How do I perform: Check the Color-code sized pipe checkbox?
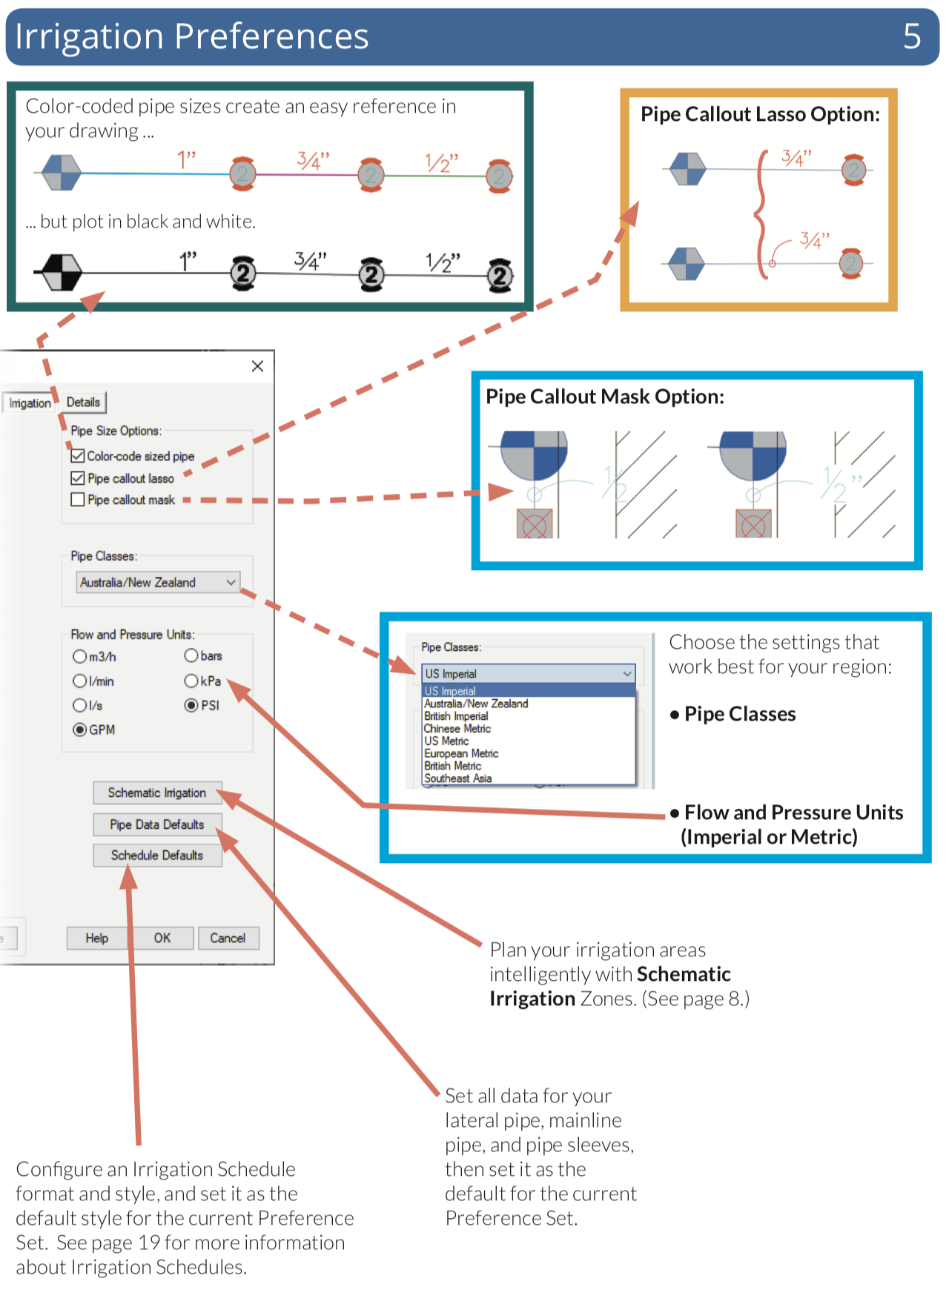pos(78,456)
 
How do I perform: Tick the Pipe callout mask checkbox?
pos(78,500)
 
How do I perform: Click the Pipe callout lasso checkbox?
pos(78,478)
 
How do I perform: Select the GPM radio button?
pos(80,730)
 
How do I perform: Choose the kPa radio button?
pos(191,681)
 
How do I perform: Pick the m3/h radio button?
pos(80,656)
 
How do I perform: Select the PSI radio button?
pos(191,705)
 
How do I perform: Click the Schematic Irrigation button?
pos(157,793)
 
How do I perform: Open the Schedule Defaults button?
pos(157,855)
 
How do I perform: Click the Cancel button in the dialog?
pos(228,938)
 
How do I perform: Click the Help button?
pos(97,938)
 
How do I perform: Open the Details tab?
pos(83,402)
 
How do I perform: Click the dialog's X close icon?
pos(257,366)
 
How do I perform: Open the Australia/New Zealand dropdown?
pos(158,583)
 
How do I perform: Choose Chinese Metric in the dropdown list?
pos(457,729)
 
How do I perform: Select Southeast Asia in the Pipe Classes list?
pos(458,778)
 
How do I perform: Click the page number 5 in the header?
pos(912,36)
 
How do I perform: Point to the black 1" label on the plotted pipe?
pos(188,262)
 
